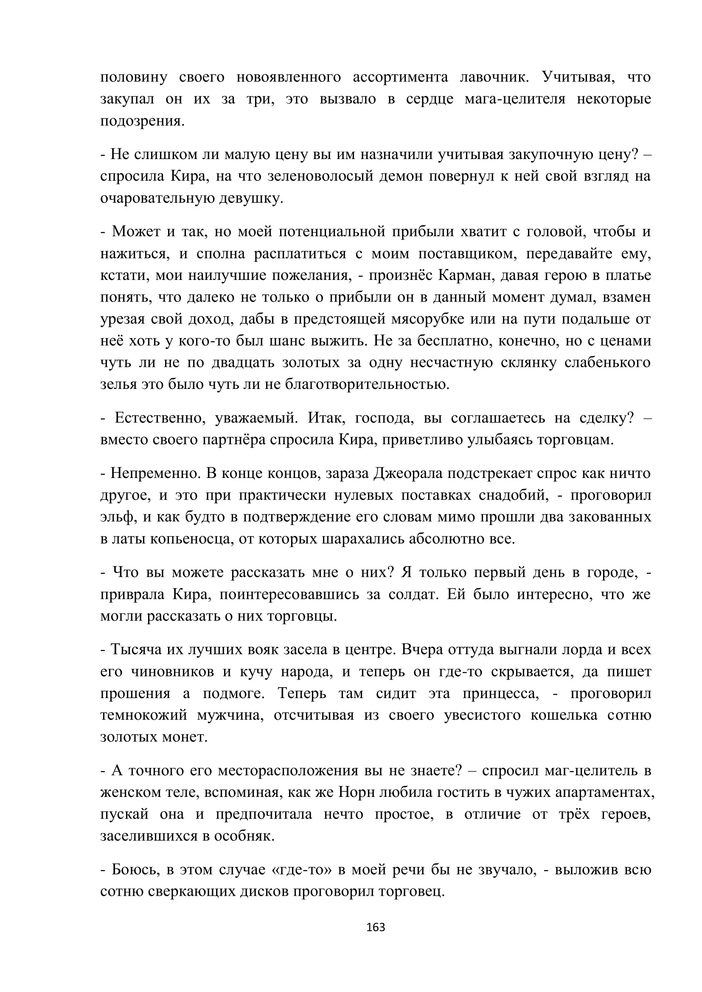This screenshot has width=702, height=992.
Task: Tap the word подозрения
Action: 142,121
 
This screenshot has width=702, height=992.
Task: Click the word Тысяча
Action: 135,650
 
